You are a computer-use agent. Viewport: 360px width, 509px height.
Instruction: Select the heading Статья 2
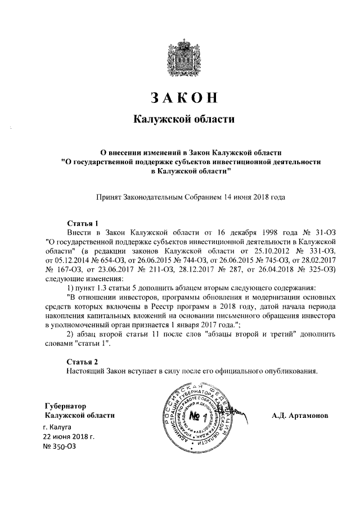83,361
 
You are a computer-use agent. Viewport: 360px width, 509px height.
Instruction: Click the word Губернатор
66,406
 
